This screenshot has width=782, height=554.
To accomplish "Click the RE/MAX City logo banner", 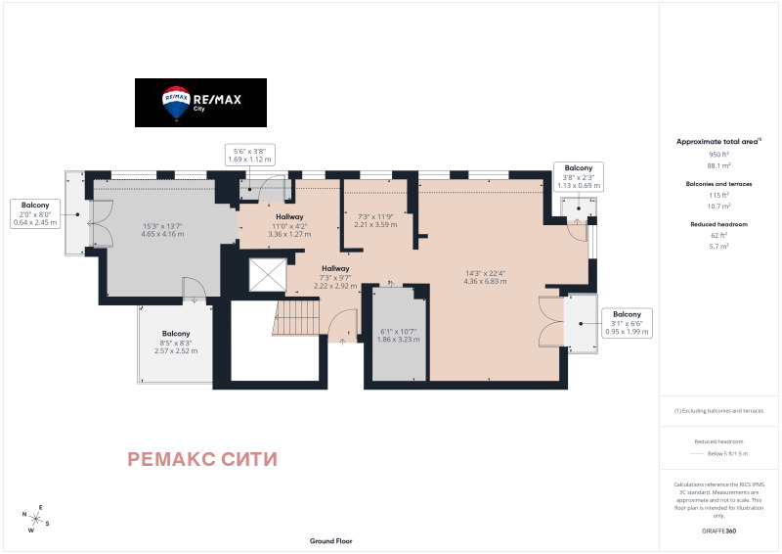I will click(200, 102).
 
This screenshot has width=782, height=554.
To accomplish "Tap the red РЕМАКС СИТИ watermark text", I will click(202, 459).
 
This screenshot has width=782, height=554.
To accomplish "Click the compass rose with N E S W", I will click(36, 520).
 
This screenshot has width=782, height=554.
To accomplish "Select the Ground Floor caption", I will click(330, 540).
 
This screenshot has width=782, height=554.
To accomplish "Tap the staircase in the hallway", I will click(298, 318).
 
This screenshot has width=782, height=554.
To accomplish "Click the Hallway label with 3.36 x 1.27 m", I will click(289, 225).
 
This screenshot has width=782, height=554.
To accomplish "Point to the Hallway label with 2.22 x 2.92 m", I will click(335, 277).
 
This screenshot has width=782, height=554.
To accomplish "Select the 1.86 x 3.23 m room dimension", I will click(398, 335).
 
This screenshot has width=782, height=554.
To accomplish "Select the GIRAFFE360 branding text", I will click(719, 530).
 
